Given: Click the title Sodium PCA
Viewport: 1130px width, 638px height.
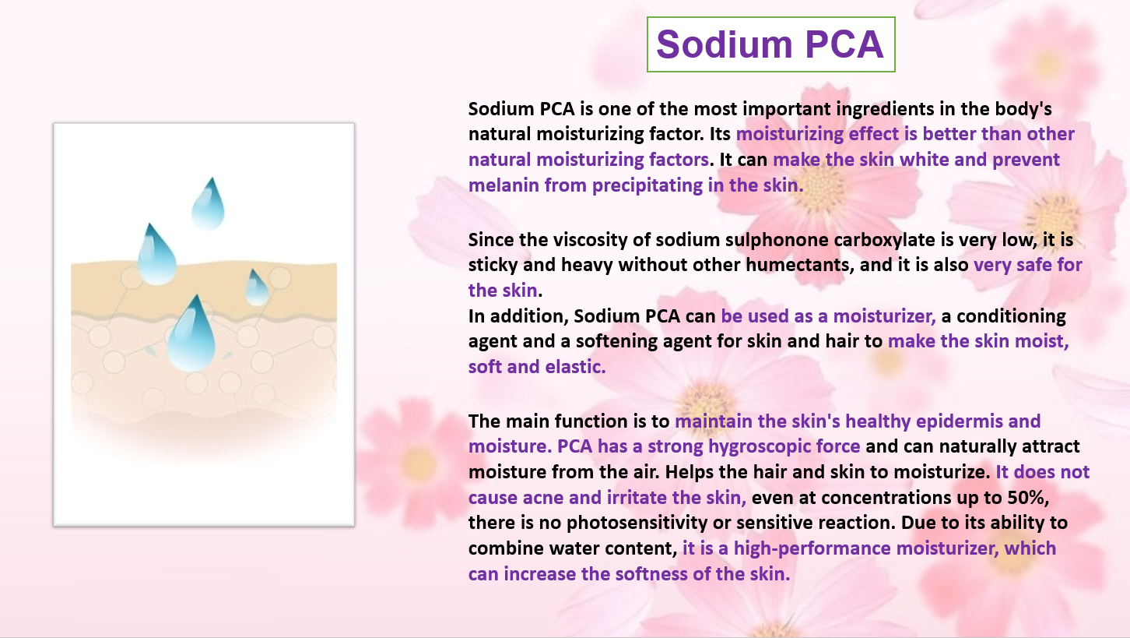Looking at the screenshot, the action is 770,44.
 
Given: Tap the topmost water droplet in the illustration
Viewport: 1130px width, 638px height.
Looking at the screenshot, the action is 209,203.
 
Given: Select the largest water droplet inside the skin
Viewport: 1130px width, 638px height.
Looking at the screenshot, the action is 191,334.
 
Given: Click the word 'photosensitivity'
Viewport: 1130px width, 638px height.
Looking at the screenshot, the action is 637,523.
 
